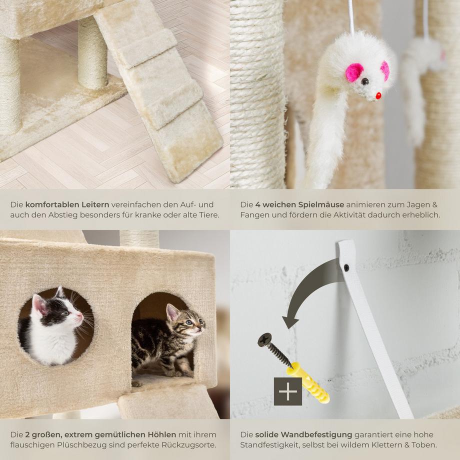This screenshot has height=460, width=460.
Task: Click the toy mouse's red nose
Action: click(x=378, y=95)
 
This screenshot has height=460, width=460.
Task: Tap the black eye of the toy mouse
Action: click(x=364, y=81)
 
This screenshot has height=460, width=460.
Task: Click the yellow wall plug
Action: click(x=307, y=382)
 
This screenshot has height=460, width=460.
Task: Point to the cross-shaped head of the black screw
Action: click(x=264, y=339)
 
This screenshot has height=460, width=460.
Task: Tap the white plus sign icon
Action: click(x=288, y=391)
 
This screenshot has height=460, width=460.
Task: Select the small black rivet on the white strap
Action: click(x=346, y=267)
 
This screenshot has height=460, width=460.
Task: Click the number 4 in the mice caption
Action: click(x=257, y=204)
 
